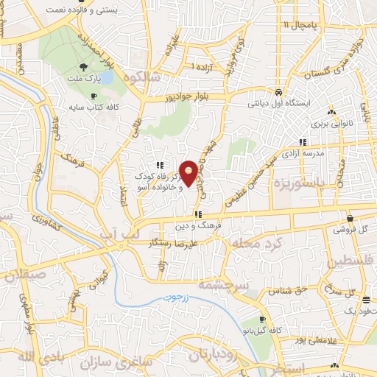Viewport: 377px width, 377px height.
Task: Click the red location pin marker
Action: [x=189, y=173]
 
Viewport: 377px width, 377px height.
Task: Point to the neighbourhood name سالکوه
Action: [x=142, y=77]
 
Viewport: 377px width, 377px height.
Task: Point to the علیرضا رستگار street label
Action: [x=189, y=242]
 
